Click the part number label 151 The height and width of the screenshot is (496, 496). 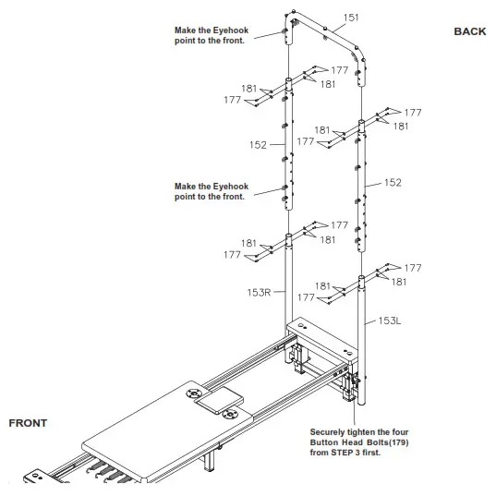pyautogui.click(x=351, y=17)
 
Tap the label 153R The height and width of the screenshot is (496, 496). pyautogui.click(x=260, y=295)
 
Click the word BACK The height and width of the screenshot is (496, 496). pyautogui.click(x=469, y=31)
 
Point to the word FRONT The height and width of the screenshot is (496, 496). pyautogui.click(x=28, y=423)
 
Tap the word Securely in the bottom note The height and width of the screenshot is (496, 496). pyautogui.click(x=328, y=431)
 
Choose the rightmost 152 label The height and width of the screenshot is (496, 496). pyautogui.click(x=393, y=183)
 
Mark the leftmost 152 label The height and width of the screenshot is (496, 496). pyautogui.click(x=258, y=145)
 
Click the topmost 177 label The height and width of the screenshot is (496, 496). pyautogui.click(x=339, y=70)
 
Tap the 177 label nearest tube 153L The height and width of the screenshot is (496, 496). pyautogui.click(x=412, y=268)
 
